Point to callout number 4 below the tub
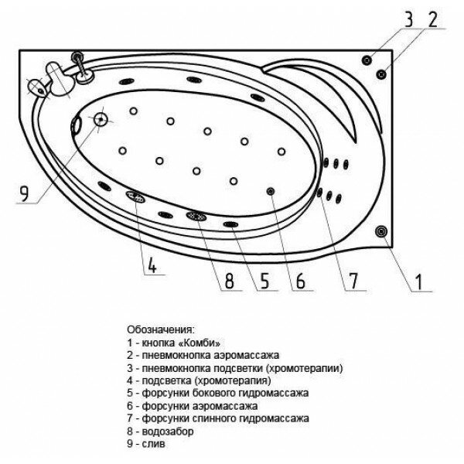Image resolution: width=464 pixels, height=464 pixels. tap(152, 268)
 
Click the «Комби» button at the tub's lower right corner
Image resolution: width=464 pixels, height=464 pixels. tap(382, 230)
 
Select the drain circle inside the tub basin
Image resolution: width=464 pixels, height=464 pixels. tap(101, 120)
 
